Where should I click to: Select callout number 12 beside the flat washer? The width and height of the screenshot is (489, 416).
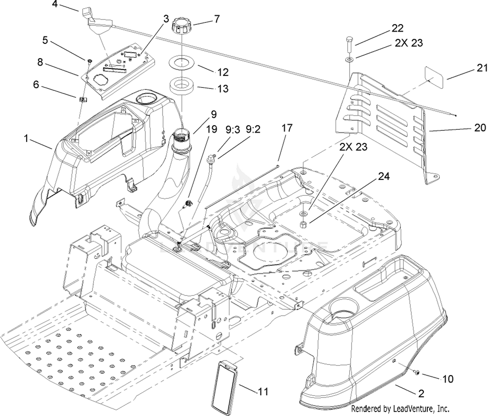(223, 72)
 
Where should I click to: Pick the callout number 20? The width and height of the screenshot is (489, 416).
(480, 128)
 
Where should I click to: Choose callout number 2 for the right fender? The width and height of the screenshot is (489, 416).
(421, 394)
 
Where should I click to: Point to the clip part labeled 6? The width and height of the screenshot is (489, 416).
(83, 99)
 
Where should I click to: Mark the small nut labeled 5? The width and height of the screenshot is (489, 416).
(88, 61)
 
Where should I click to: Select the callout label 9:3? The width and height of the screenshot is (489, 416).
(232, 129)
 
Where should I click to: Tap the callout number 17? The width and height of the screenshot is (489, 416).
(287, 128)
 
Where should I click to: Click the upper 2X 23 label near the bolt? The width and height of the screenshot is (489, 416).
(409, 43)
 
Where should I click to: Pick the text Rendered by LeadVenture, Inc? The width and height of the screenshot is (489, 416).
(400, 408)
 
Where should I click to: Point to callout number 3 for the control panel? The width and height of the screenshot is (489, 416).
(166, 19)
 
